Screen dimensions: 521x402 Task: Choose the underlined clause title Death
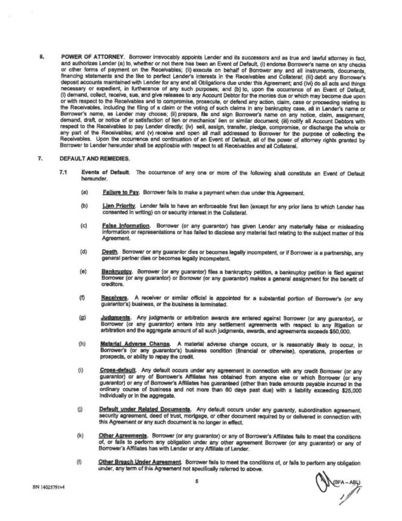click(x=109, y=250)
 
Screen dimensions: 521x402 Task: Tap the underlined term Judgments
click(x=115, y=316)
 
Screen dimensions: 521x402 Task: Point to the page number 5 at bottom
click(x=197, y=481)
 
